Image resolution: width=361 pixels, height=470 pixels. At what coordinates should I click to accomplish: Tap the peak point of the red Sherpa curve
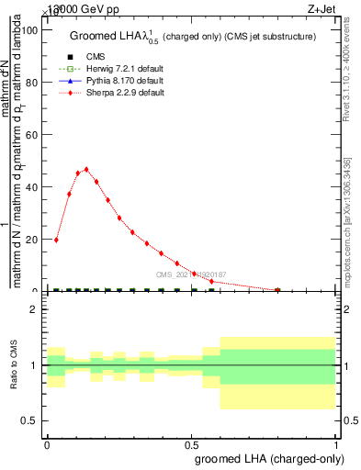point(86,169)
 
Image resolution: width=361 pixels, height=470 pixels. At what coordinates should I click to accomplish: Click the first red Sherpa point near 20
point(57,240)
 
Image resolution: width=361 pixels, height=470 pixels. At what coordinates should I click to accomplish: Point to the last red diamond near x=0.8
point(277,290)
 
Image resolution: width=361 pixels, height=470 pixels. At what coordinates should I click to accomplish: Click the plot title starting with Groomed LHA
point(193,37)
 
